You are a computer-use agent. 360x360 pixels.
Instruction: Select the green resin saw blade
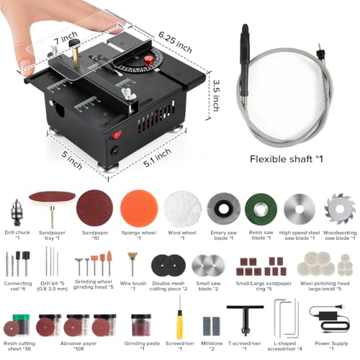tap(264, 210)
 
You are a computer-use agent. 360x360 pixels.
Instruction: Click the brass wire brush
tap(132, 264)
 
